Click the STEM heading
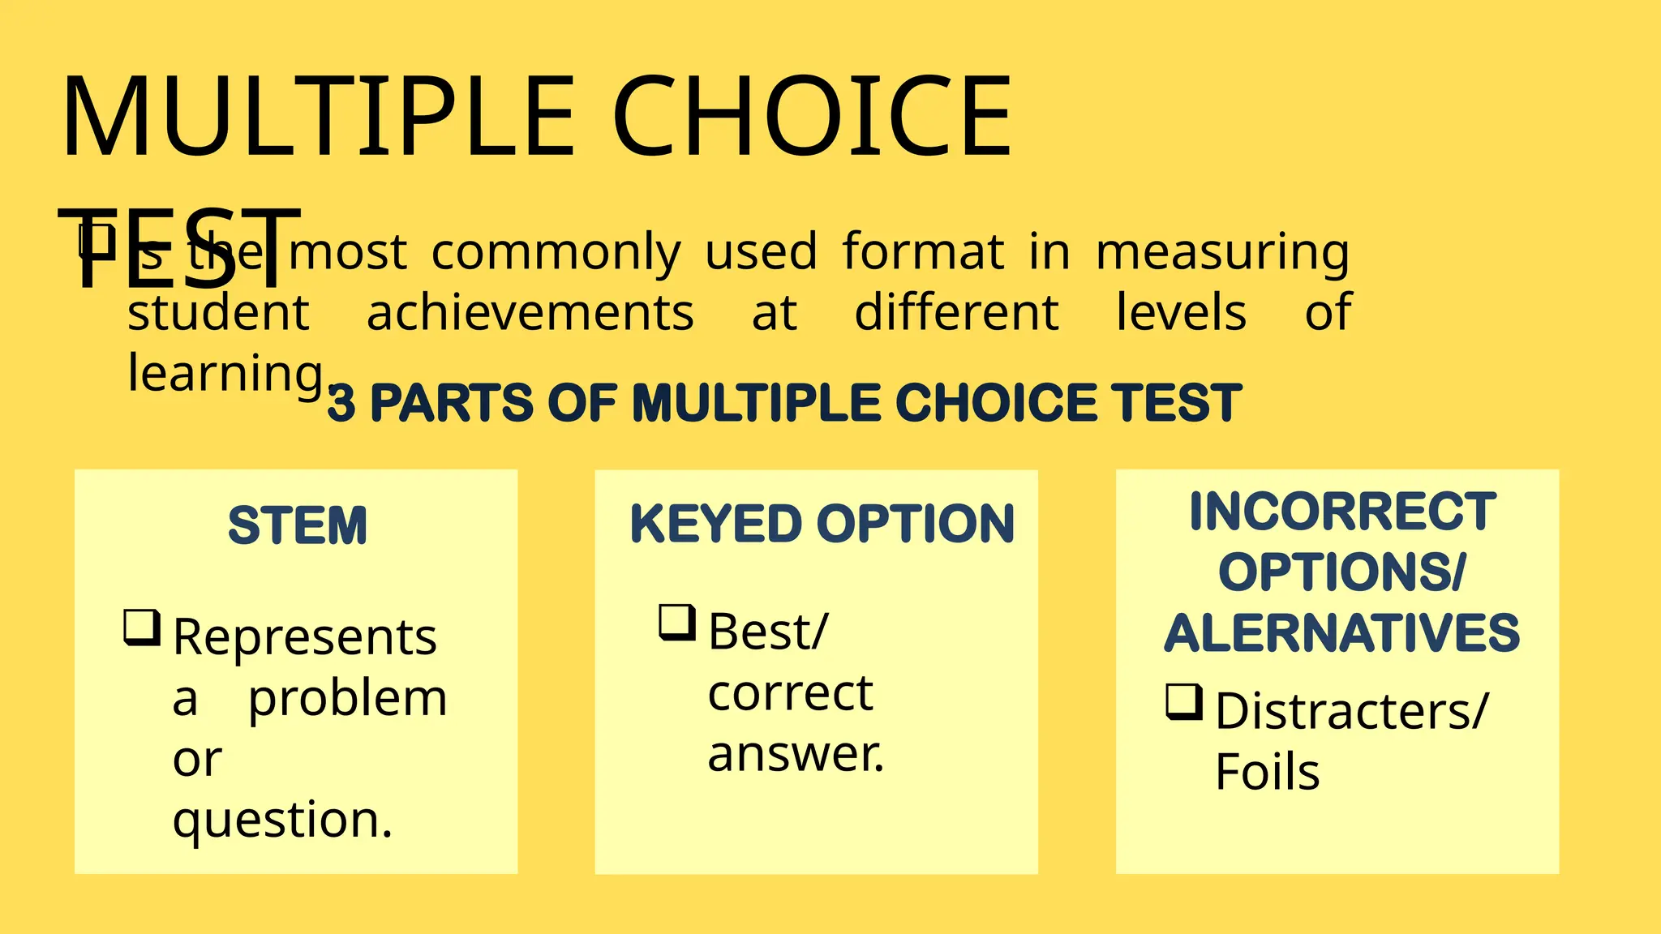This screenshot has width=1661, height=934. (298, 525)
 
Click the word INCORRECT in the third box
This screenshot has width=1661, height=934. (1342, 512)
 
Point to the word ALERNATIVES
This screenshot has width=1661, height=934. (1342, 633)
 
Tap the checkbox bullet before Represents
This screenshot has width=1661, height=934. (142, 628)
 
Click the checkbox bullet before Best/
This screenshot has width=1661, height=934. (677, 622)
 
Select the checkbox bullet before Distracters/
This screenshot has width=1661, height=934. (1184, 701)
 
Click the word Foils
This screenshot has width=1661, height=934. (1267, 771)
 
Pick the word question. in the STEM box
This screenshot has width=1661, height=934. (282, 820)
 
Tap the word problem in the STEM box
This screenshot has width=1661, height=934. (347, 698)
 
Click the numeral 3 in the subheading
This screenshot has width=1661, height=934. (341, 404)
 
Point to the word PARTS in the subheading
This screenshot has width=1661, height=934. (452, 403)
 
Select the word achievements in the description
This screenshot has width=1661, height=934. (530, 313)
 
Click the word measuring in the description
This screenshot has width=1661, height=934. (1222, 253)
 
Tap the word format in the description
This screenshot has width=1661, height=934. (923, 251)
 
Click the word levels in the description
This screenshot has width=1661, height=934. (1181, 313)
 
